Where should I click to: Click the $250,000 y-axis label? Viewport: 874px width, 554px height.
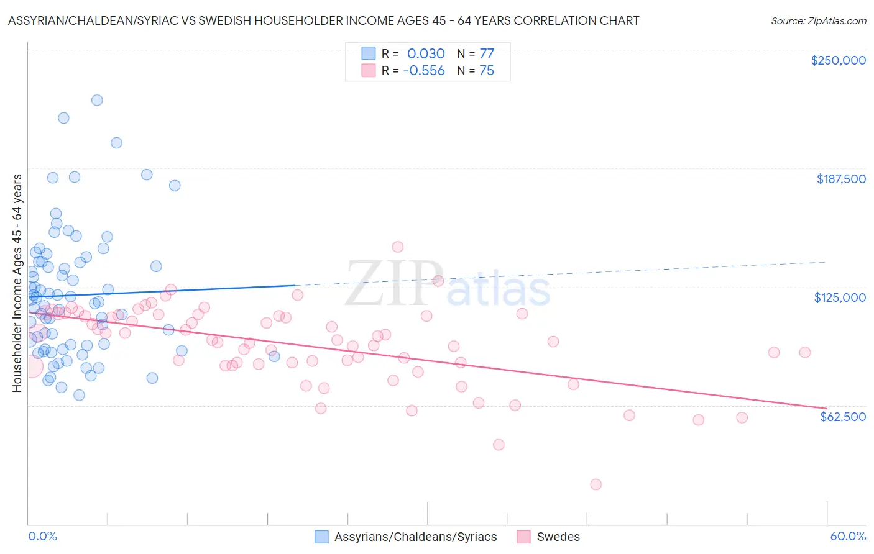(838, 60)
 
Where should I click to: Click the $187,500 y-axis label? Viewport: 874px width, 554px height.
(840, 179)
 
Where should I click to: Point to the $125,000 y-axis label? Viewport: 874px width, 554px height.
(840, 297)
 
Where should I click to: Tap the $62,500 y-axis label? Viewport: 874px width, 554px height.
(842, 417)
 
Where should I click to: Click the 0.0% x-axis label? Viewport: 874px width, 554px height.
(42, 536)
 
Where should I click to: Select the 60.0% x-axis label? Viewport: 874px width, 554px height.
(848, 536)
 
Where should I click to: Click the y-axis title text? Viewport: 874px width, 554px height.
(17, 283)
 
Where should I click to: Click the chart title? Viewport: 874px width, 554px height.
(323, 20)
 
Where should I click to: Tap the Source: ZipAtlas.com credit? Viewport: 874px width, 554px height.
(818, 20)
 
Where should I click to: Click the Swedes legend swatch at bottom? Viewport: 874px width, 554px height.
(523, 537)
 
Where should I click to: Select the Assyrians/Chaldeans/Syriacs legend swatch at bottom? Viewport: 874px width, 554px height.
(321, 537)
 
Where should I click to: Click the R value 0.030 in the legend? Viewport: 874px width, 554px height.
(426, 53)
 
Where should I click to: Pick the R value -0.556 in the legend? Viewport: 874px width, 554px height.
(424, 71)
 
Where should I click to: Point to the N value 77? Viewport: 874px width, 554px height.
(486, 53)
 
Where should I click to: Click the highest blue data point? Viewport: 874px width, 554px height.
(97, 100)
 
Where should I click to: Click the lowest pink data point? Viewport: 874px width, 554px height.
(596, 484)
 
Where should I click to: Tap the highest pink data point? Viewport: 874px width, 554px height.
(398, 247)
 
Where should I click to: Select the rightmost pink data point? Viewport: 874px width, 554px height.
(805, 352)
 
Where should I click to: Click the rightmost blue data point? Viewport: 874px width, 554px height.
(274, 356)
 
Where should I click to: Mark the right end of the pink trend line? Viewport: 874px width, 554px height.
(826, 408)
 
